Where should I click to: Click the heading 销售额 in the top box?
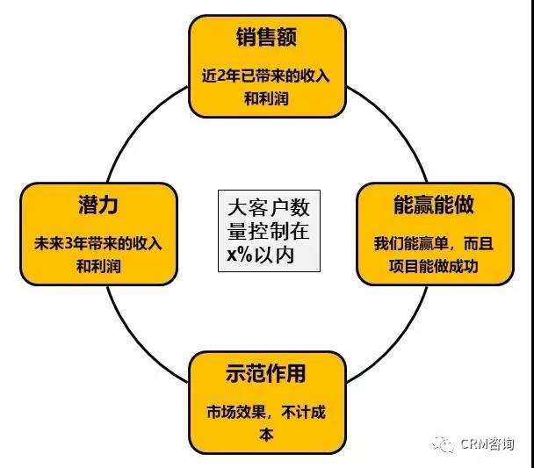coord(266,37)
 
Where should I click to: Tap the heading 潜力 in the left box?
coord(98,205)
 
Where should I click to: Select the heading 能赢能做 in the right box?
coord(434,205)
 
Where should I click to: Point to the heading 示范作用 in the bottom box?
coord(265,373)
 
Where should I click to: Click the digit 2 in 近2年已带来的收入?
coord(221,76)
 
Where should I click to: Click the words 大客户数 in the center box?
coord(269,208)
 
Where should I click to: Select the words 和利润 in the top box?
coord(266,98)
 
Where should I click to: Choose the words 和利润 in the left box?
coord(98,266)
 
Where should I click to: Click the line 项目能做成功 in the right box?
coord(434,266)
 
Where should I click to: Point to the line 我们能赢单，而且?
coord(434,244)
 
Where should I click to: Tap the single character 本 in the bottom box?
coord(266,435)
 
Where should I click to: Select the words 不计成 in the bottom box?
coord(303,412)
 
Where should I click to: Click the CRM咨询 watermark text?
coord(487,443)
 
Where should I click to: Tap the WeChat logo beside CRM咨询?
coord(443,443)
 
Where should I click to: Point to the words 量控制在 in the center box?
coord(269,231)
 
